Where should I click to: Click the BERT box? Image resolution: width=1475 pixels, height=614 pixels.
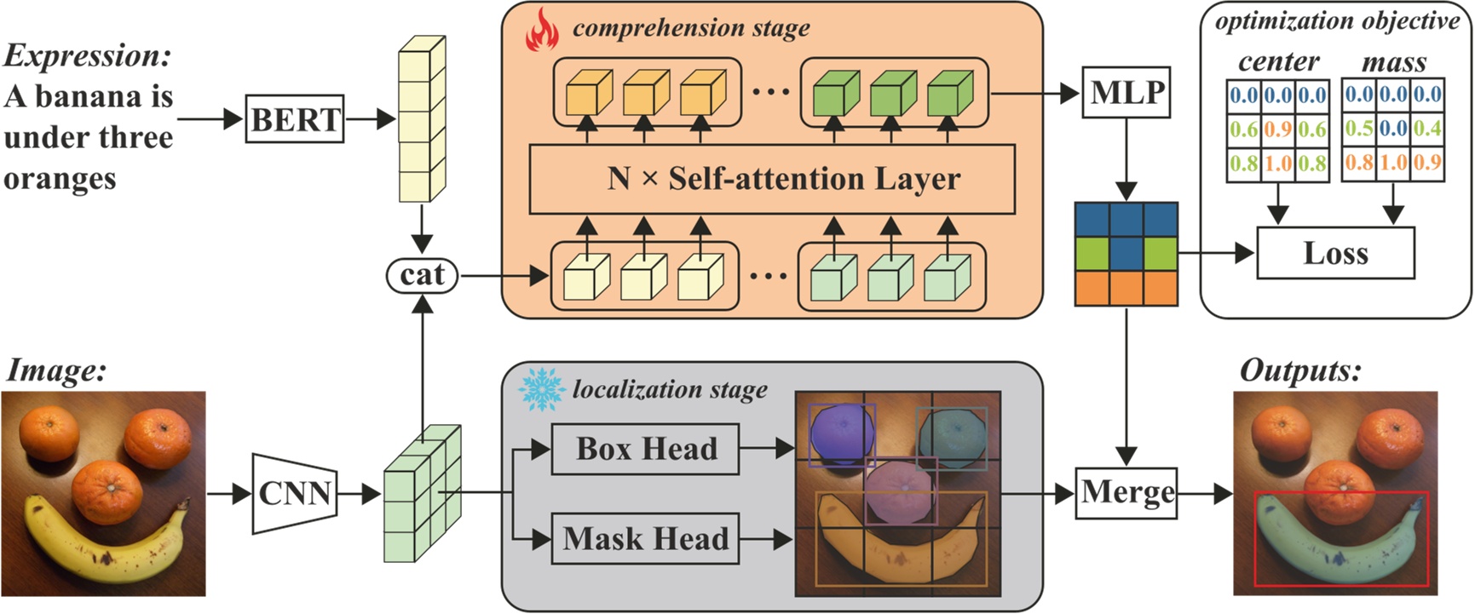pos(295,119)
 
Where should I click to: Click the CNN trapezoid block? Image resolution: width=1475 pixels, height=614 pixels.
pos(294,493)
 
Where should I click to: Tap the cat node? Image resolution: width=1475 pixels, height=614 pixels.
pos(422,275)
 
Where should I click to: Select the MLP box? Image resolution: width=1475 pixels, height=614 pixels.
pos(1126,92)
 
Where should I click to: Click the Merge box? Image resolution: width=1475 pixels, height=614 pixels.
pos(1126,492)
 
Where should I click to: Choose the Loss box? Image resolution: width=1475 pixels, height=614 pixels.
pos(1335,253)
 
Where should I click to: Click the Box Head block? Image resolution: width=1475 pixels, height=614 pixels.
pos(645,449)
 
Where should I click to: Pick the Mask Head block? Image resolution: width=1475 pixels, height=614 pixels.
pos(645,538)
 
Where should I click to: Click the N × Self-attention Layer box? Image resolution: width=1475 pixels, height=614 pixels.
pos(772,179)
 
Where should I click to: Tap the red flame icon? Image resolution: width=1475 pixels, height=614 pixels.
pos(542,32)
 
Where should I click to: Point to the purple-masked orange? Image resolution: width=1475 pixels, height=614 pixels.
pos(841,434)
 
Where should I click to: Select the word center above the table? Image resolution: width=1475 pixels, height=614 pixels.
pos(1278,62)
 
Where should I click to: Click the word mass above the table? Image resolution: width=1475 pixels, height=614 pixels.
pos(1393,62)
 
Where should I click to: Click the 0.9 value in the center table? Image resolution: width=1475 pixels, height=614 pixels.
pos(1278,129)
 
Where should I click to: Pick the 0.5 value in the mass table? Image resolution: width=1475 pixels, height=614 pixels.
pos(1358,129)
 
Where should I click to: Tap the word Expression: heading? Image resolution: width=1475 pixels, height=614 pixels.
pos(88,56)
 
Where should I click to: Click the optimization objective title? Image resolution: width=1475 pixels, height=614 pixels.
pos(1336,20)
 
